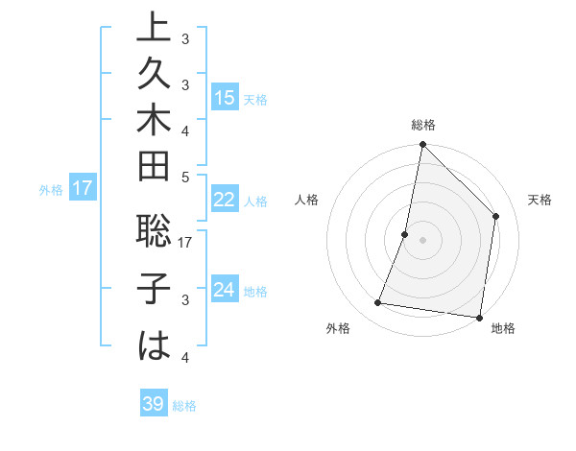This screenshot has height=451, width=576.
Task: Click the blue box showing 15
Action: click(224, 97)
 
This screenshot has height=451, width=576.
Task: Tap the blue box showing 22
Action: click(224, 200)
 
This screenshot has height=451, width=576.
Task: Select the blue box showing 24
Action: click(224, 290)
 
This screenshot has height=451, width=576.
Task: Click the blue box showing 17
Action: click(83, 188)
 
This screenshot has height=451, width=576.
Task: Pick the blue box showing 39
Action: click(154, 404)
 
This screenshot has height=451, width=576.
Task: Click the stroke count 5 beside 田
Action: click(185, 176)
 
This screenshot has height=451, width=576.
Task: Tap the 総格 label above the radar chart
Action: click(422, 125)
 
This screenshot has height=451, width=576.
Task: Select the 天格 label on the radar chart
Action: click(540, 200)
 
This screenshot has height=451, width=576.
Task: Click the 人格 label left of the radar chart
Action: click(306, 200)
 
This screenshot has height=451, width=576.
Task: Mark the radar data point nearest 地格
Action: click(479, 317)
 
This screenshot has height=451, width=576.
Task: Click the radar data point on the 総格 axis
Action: click(422, 145)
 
